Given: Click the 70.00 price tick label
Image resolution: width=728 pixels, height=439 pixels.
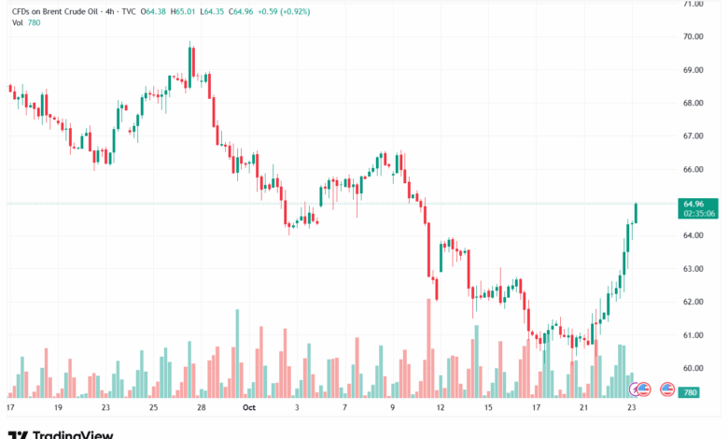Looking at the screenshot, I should pos(693,36).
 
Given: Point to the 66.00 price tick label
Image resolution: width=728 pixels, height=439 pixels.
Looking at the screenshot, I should pos(693,169).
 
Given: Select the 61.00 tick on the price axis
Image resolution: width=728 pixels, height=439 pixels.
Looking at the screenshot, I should pos(693,334).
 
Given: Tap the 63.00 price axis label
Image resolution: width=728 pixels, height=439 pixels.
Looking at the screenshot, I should pos(693,268).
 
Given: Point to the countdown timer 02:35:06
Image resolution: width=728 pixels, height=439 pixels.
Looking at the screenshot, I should pos(699,213).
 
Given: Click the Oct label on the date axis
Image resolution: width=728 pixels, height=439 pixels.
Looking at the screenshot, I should pos(248,408).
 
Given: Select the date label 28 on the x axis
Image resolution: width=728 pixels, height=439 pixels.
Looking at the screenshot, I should pos(202,408).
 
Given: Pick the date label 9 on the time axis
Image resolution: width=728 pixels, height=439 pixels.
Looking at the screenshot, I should pos(393,408).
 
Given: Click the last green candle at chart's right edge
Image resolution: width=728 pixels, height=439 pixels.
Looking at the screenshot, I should pos(636,214).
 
